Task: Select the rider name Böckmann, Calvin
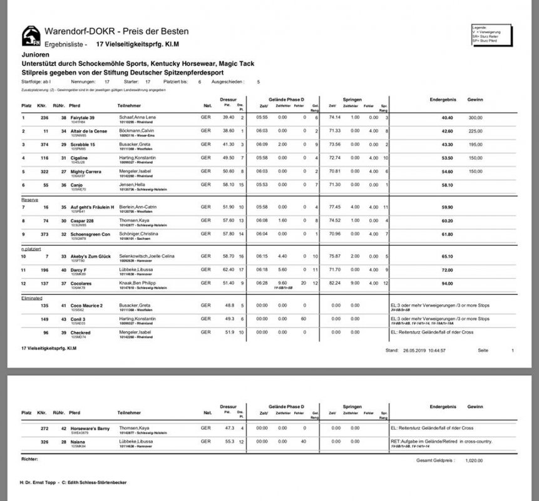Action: [x=136, y=130]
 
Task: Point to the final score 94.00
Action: [x=429, y=283]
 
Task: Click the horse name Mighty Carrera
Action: [x=85, y=170]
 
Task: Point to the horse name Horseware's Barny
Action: [x=91, y=428]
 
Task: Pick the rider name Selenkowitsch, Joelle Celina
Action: [x=147, y=257]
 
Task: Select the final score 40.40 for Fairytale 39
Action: [x=429, y=117]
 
